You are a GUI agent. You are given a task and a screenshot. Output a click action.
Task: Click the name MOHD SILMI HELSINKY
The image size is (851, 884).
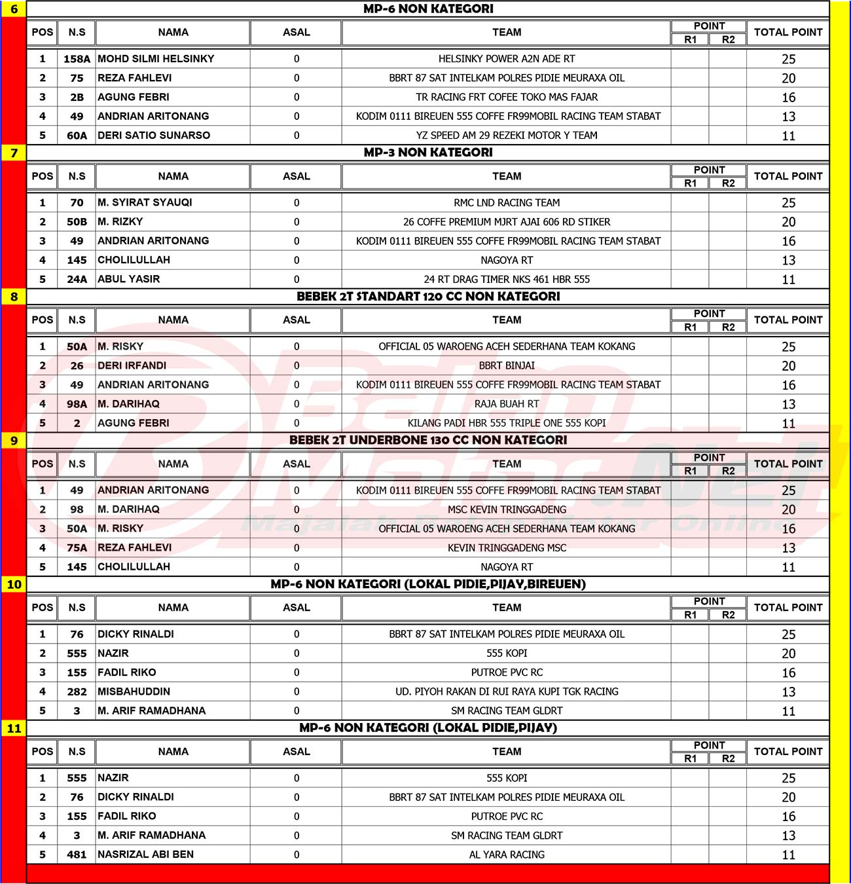tap(156, 59)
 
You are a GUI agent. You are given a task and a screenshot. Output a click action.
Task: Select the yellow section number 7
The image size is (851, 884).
tap(14, 153)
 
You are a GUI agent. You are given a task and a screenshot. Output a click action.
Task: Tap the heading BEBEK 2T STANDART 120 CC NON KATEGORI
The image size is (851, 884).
tap(428, 297)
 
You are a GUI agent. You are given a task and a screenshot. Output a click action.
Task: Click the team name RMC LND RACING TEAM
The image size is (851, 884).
tap(507, 203)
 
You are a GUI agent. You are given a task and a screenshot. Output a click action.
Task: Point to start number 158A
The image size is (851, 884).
tap(77, 59)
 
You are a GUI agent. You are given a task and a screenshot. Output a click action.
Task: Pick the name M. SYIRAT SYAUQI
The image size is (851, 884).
tap(145, 203)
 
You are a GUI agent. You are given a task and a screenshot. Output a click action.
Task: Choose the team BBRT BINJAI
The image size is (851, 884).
tap(507, 366)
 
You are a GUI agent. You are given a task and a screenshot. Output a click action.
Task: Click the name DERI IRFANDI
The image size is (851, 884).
tap(132, 366)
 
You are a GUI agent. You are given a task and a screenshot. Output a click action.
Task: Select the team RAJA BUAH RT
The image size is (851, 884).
tap(507, 404)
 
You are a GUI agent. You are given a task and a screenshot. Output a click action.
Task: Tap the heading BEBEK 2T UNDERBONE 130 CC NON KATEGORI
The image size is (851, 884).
tap(428, 440)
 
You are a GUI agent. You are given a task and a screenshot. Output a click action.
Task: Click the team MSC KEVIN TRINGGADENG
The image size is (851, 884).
tap(507, 509)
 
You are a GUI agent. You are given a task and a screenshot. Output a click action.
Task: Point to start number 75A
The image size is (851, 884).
tap(77, 548)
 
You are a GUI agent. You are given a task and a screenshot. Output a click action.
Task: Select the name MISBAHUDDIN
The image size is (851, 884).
tap(134, 691)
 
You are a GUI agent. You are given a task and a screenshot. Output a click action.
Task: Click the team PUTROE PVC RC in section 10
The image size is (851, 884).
tap(507, 672)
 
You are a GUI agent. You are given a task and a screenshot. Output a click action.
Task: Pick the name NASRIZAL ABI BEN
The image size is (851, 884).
tap(145, 855)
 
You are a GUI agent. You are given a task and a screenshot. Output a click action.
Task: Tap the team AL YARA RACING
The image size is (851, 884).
tap(507, 855)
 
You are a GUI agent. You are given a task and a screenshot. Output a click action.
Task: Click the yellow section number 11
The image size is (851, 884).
tap(14, 728)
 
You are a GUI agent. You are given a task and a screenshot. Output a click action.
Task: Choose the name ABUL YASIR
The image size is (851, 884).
tap(128, 280)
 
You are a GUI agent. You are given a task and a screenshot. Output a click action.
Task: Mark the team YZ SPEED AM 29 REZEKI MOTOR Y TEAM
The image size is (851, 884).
tap(507, 136)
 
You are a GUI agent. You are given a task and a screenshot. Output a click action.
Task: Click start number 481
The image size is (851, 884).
tap(77, 855)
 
